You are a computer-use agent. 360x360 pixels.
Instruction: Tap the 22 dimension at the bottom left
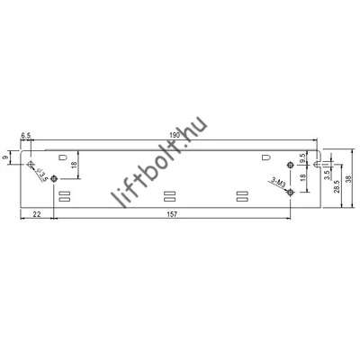37,213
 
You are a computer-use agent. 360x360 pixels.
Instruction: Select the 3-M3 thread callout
278,185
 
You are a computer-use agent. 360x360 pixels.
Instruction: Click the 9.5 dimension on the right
304,157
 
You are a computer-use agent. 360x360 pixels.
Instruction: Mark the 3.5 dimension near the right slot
326,175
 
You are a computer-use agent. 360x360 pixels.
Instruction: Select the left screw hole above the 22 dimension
55,178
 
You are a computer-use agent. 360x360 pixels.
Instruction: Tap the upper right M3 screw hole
288,164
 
